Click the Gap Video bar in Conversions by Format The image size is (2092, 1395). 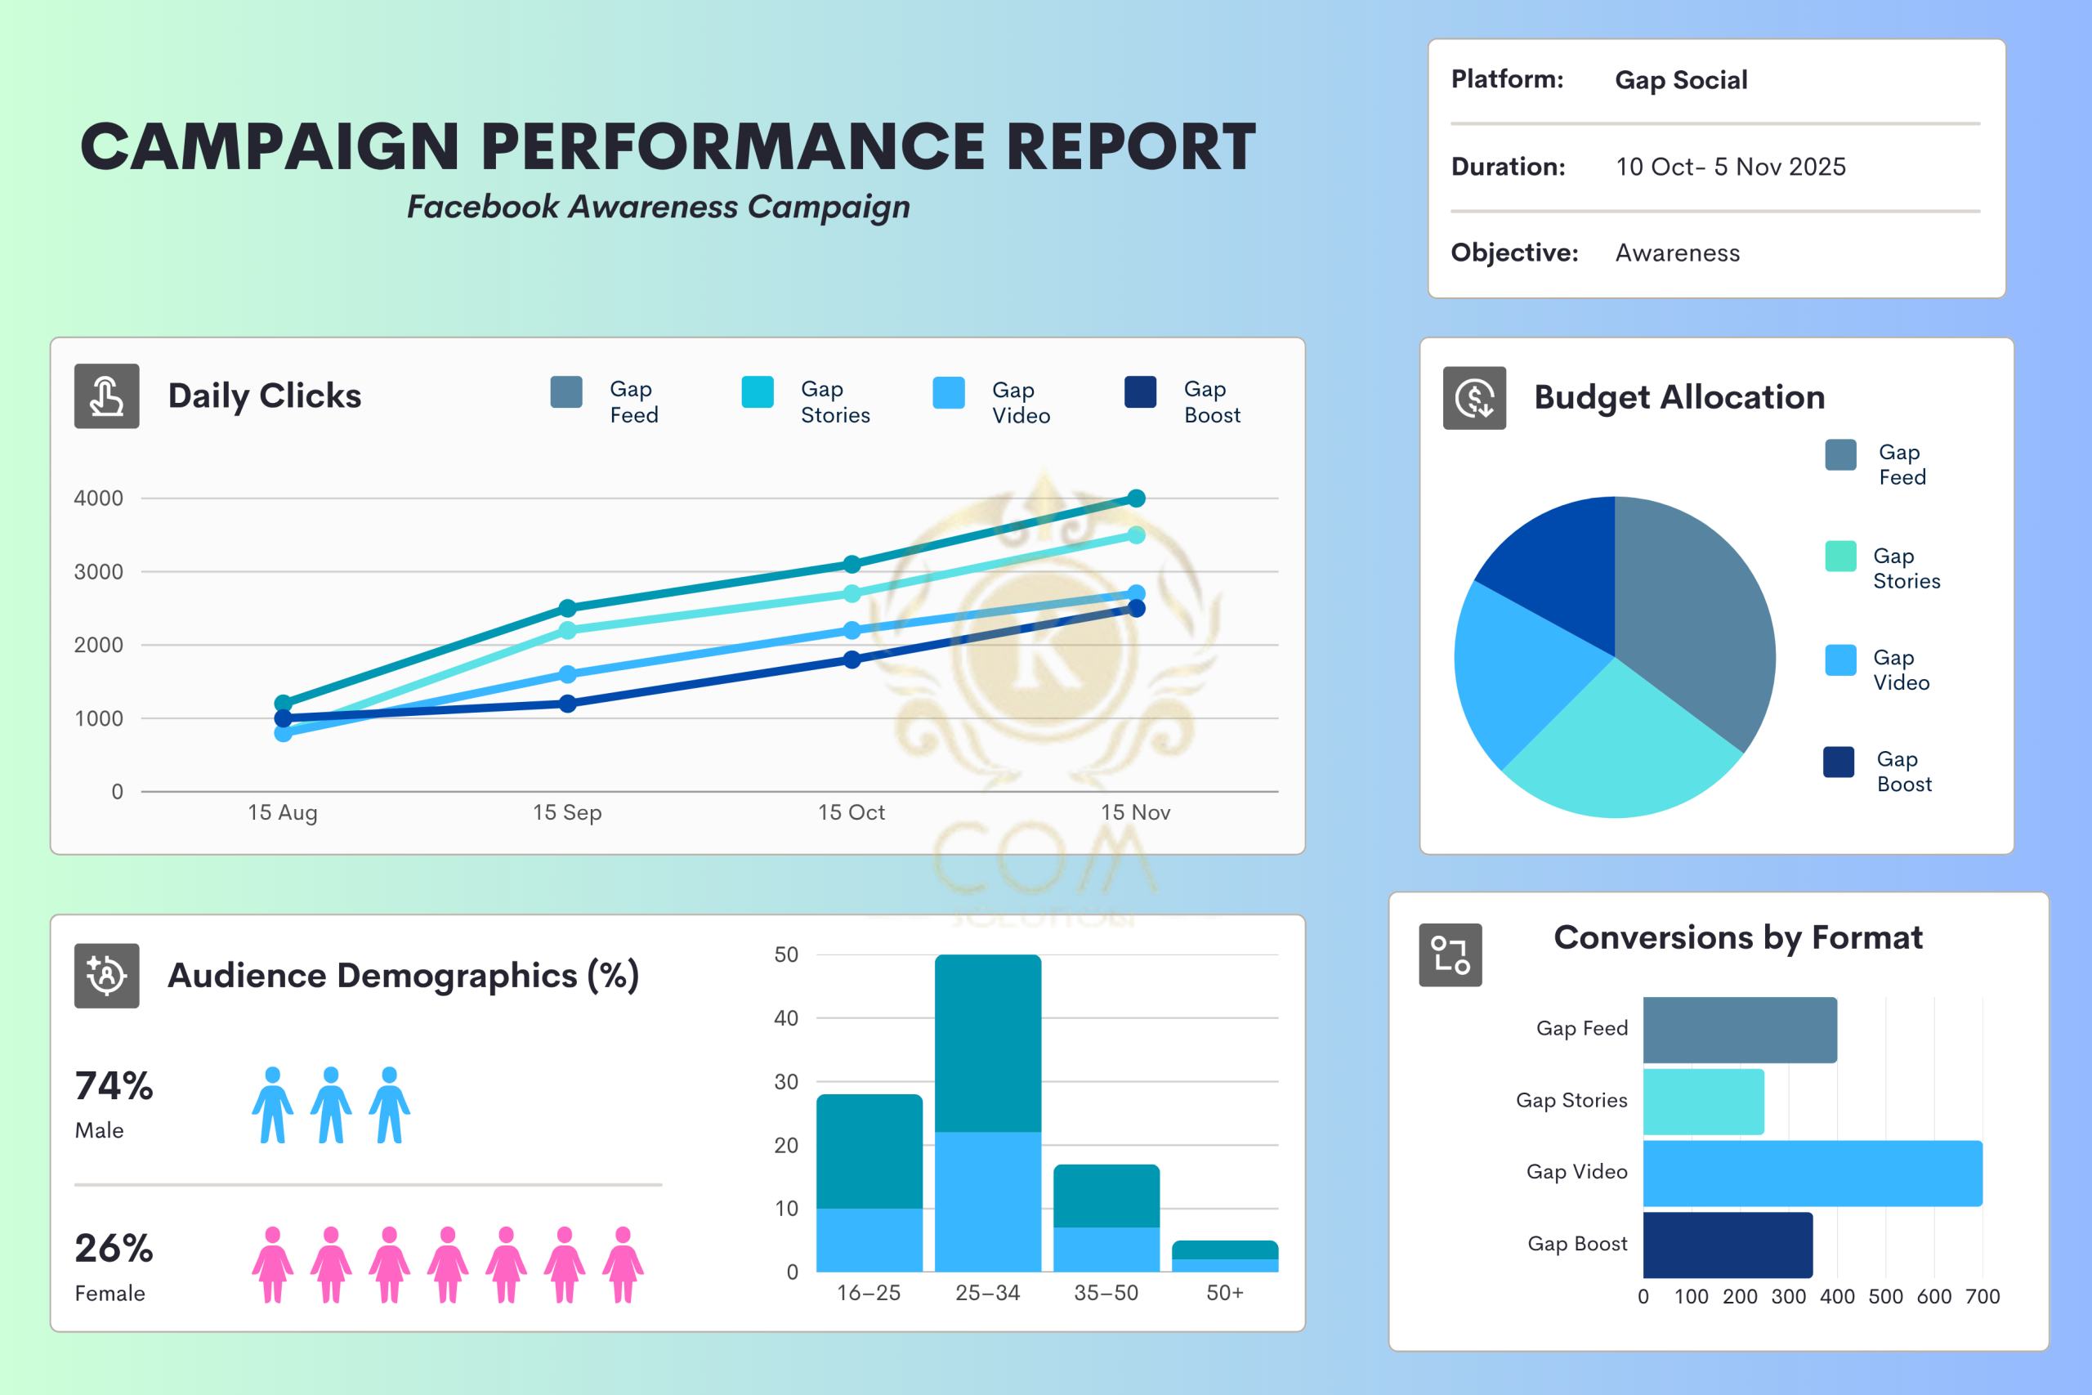pos(1812,1174)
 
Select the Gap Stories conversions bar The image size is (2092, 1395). pos(1702,1102)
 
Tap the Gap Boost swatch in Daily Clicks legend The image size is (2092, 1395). pos(1139,392)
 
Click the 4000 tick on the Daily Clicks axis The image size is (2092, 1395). pos(99,499)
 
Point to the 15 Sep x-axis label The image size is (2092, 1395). pos(566,812)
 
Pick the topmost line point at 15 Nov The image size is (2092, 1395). pos(1136,499)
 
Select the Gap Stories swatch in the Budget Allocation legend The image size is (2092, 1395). pos(1839,556)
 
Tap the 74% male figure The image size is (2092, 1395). pos(114,1086)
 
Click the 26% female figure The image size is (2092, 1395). pos(114,1248)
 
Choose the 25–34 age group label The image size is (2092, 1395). pos(987,1293)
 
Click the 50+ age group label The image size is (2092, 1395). pos(1224,1293)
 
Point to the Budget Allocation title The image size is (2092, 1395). pos(1679,397)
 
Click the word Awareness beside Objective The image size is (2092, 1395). pos(1677,253)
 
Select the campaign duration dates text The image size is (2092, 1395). pos(1730,168)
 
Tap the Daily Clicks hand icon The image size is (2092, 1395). pos(107,396)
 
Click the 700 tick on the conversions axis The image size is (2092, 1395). pos(1982,1296)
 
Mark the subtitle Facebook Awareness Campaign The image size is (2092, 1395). pos(658,207)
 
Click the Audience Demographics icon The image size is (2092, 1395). pos(107,975)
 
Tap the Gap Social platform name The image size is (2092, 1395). pos(1680,80)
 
